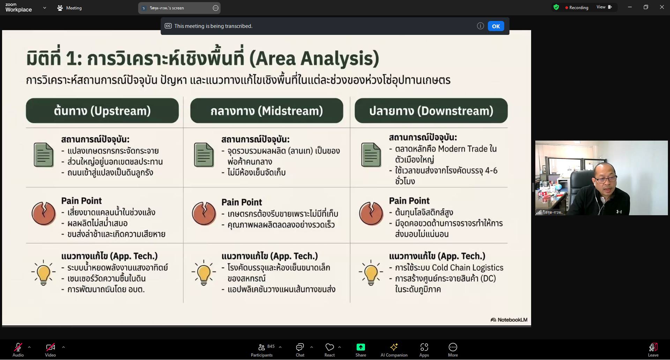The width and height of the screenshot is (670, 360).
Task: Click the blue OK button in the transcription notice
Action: coord(496,26)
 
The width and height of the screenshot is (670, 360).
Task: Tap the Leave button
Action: coord(653,347)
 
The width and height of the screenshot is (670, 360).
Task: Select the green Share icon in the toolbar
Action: coord(360,347)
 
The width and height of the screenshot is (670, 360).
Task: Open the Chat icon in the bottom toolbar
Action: coord(300,347)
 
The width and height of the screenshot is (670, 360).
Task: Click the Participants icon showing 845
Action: coord(261,347)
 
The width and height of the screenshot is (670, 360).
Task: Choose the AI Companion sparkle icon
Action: coord(394,347)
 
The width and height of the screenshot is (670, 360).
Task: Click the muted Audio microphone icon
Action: coord(18,347)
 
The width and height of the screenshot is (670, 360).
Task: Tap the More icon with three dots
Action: coord(453,347)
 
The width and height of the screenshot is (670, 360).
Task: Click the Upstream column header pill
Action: coord(102,111)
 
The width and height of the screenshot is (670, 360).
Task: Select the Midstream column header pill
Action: coord(267,111)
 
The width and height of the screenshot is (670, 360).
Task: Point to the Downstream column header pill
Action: coord(431,111)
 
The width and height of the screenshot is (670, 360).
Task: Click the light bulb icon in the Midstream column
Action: coord(203,272)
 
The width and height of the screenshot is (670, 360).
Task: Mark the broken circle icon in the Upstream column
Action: coord(44,213)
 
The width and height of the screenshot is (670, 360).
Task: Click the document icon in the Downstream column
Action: coord(371,155)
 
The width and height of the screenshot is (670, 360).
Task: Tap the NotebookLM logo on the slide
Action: coord(509,320)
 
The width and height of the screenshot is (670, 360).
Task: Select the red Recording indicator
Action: coord(576,8)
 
